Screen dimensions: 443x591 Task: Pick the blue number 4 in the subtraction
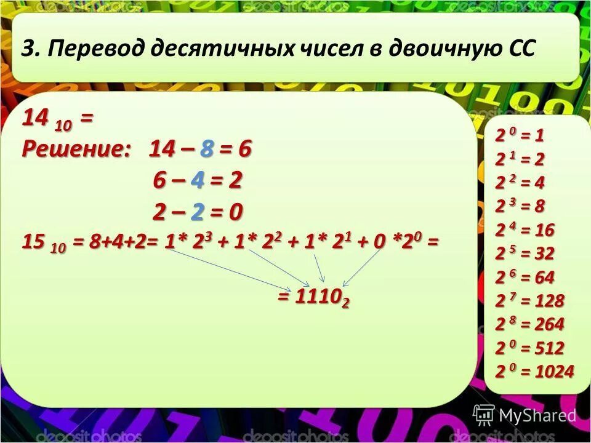pyautogui.click(x=198, y=181)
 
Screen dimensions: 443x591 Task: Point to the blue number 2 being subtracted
pyautogui.click(x=198, y=212)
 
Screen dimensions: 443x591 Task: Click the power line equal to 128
pyautogui.click(x=529, y=301)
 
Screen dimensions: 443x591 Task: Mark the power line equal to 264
pyautogui.click(x=529, y=324)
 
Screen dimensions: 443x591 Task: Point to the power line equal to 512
pyautogui.click(x=529, y=348)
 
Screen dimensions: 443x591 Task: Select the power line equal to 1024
pyautogui.click(x=534, y=372)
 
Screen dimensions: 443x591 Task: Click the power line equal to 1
pyautogui.click(x=520, y=135)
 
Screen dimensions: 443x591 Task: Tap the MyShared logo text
pyautogui.click(x=537, y=415)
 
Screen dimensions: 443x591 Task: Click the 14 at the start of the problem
pyautogui.click(x=36, y=119)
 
